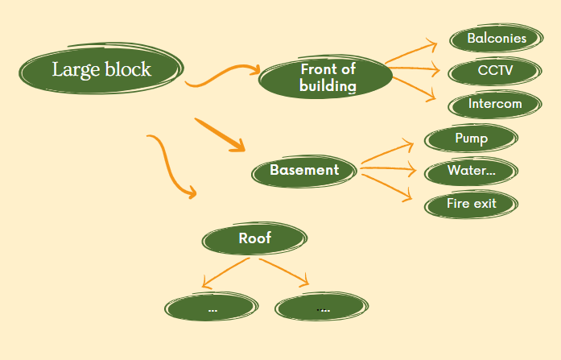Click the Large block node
101,70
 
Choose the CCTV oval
494,71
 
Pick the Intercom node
494,104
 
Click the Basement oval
304,170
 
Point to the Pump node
471,139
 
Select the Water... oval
471,172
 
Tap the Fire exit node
471,204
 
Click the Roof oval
254,238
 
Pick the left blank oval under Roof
212,308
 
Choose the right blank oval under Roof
324,308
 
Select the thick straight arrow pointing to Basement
220,134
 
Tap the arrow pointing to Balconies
414,52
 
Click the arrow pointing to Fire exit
387,183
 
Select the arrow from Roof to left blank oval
226,271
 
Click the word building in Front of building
327,85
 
